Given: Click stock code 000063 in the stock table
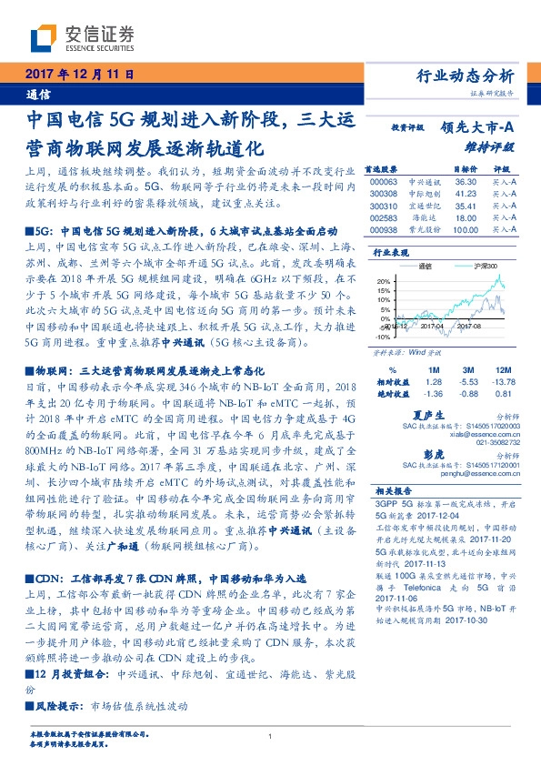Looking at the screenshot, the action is pyautogui.click(x=386, y=182).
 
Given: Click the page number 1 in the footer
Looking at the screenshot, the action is pyautogui.click(x=271, y=737).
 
